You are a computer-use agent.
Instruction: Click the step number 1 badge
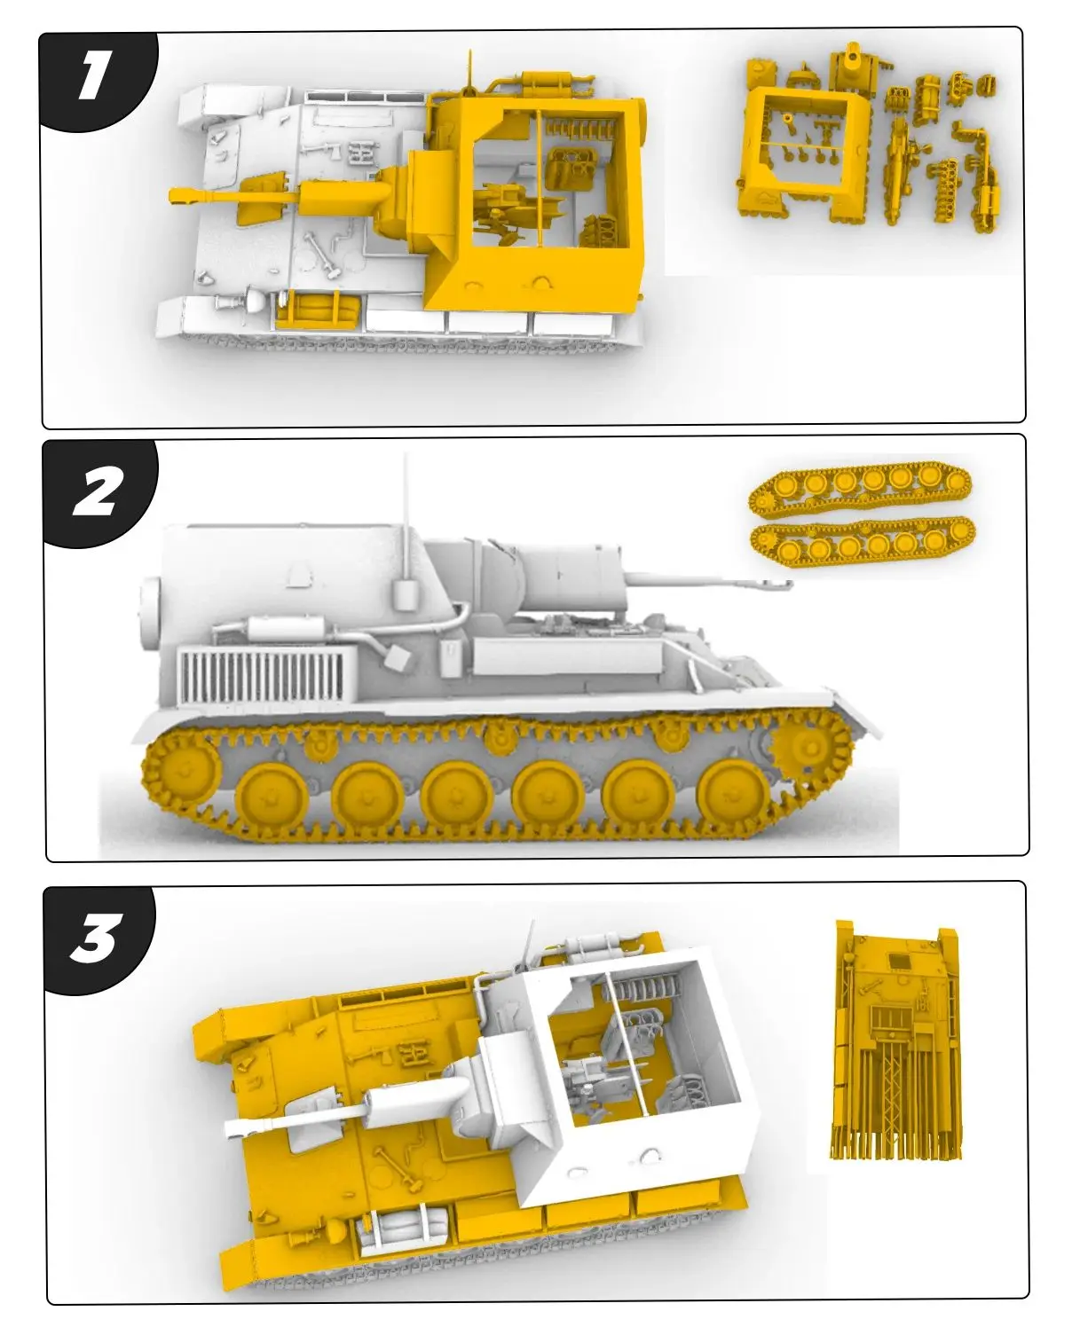click(x=92, y=78)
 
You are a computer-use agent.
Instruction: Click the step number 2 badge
click(x=96, y=493)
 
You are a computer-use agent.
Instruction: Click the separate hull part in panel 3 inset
click(x=896, y=1038)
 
